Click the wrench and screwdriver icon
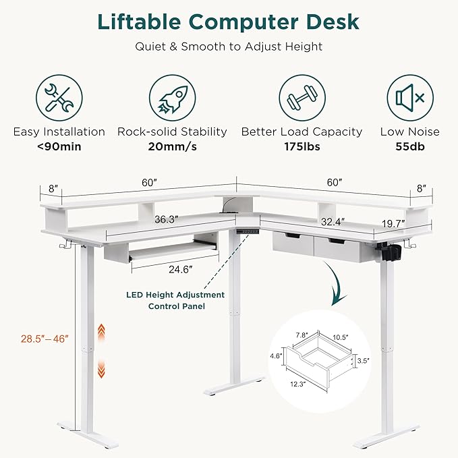pos(59,96)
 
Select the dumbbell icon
pos(302,96)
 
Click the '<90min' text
pos(59,146)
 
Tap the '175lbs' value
pos(302,146)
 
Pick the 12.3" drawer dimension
pos(297,384)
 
